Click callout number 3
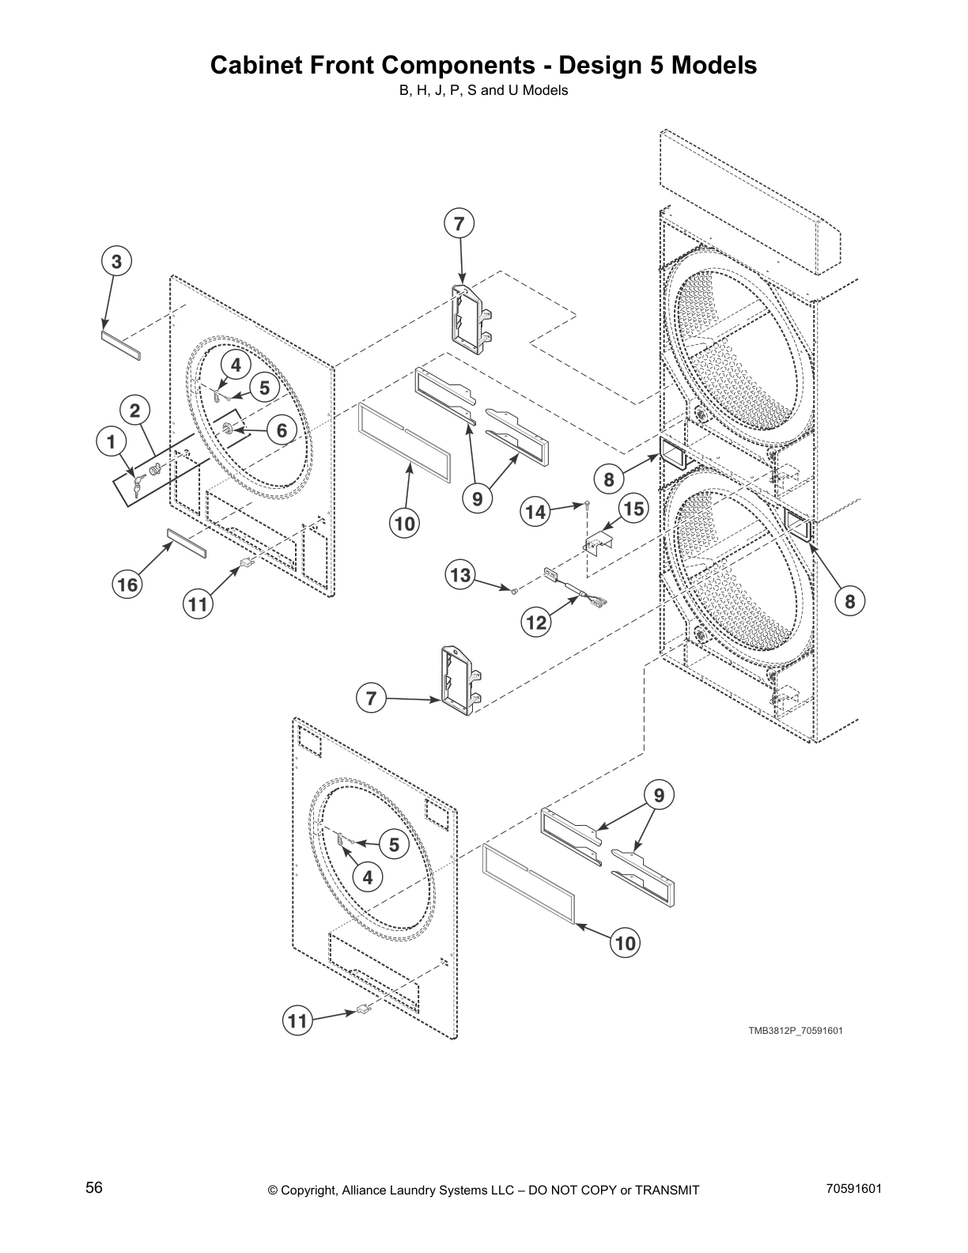(x=116, y=261)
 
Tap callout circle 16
(x=127, y=585)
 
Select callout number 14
(x=535, y=513)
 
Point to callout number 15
(x=633, y=509)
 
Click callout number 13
(x=461, y=574)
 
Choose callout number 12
(x=536, y=623)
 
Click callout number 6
(x=282, y=431)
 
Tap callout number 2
(x=135, y=410)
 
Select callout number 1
(x=112, y=441)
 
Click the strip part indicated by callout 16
(x=185, y=545)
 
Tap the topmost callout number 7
(x=459, y=224)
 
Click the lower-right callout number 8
(x=849, y=601)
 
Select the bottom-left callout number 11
(x=297, y=1020)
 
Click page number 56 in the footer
(x=94, y=1187)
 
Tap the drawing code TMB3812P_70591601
(x=790, y=1030)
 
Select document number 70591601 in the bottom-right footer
(x=853, y=1187)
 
